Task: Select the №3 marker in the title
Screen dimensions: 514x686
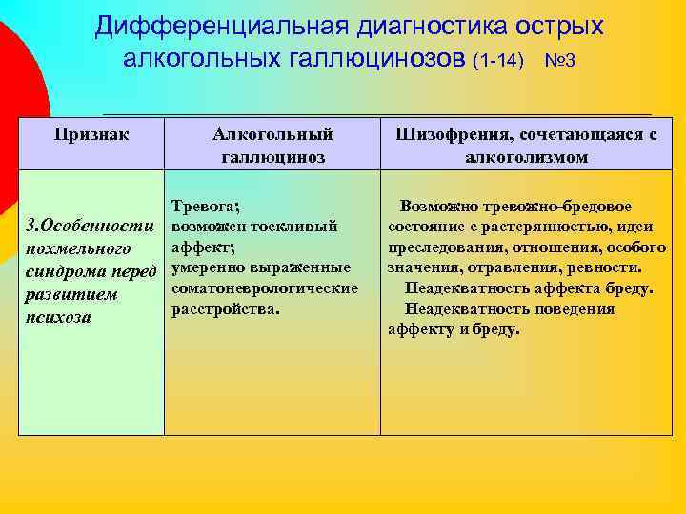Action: pyautogui.click(x=559, y=60)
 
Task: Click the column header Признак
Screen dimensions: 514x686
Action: pyautogui.click(x=92, y=135)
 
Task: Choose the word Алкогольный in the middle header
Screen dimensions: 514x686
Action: pyautogui.click(x=272, y=135)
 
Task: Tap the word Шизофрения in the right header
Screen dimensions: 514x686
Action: pyautogui.click(x=449, y=135)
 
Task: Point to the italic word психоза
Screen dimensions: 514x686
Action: pyautogui.click(x=58, y=317)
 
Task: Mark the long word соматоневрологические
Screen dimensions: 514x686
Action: pyautogui.click(x=265, y=288)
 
